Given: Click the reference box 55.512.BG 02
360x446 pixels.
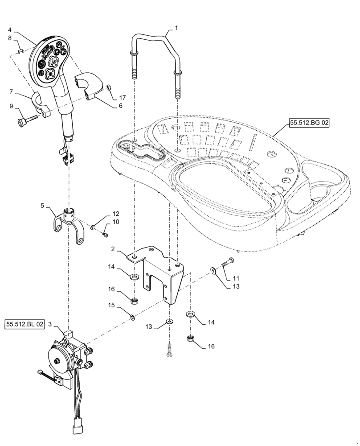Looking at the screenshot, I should click(x=309, y=124).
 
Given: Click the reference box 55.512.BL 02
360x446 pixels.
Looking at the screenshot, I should click(x=25, y=324).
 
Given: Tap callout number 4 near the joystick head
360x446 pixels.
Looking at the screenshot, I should click(x=10, y=30).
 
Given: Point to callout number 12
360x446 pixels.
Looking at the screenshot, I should click(x=115, y=214).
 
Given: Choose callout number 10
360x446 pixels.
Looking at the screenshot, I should click(x=115, y=222).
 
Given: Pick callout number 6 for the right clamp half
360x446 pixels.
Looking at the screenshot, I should click(x=120, y=106).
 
